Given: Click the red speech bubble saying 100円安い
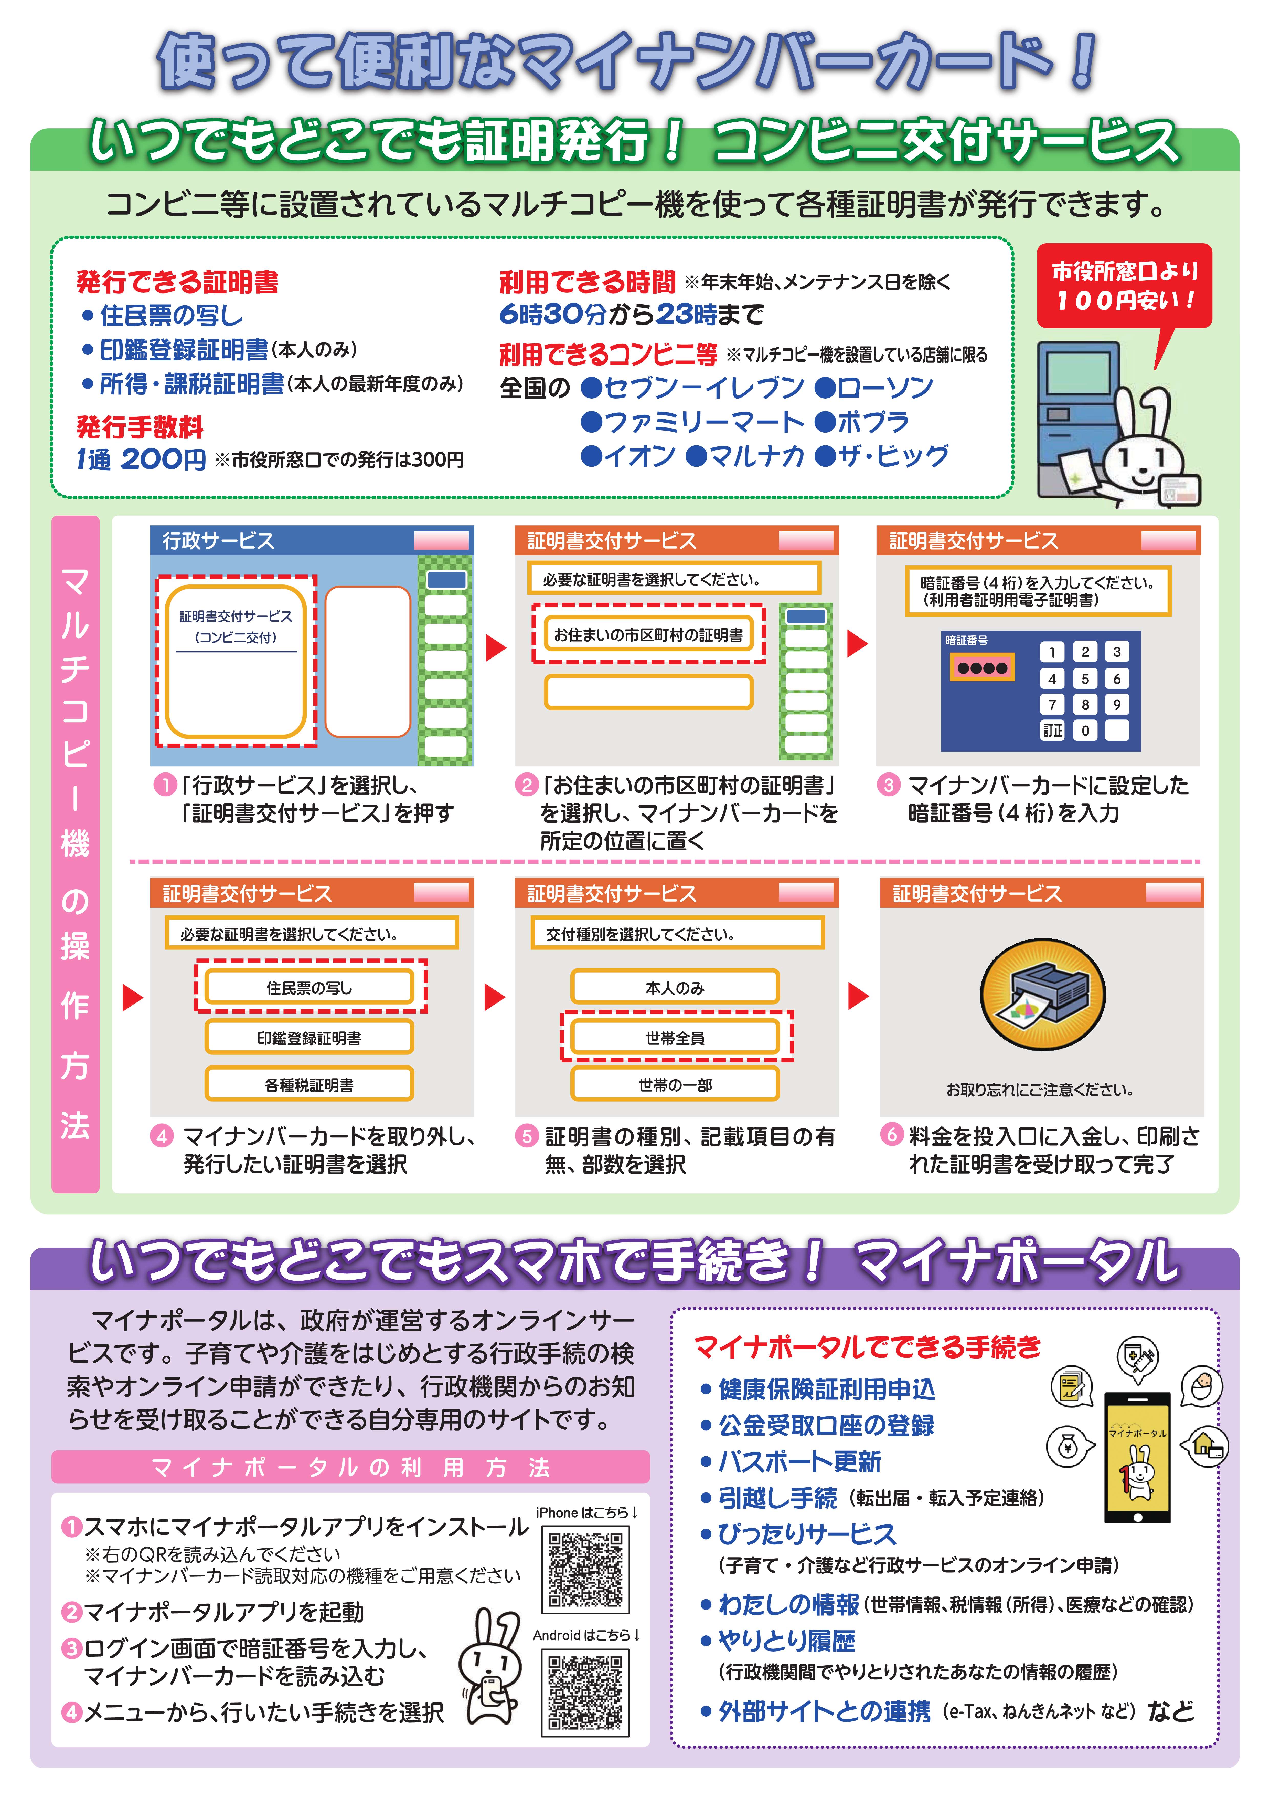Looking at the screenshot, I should click(1124, 286).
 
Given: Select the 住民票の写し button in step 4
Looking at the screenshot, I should click(309, 988).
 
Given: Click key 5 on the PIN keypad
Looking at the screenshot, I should click(1085, 678).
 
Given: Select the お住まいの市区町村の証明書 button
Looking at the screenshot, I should click(648, 635).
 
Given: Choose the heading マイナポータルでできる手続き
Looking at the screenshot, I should click(867, 1347).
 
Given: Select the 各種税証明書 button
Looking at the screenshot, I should click(309, 1085).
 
